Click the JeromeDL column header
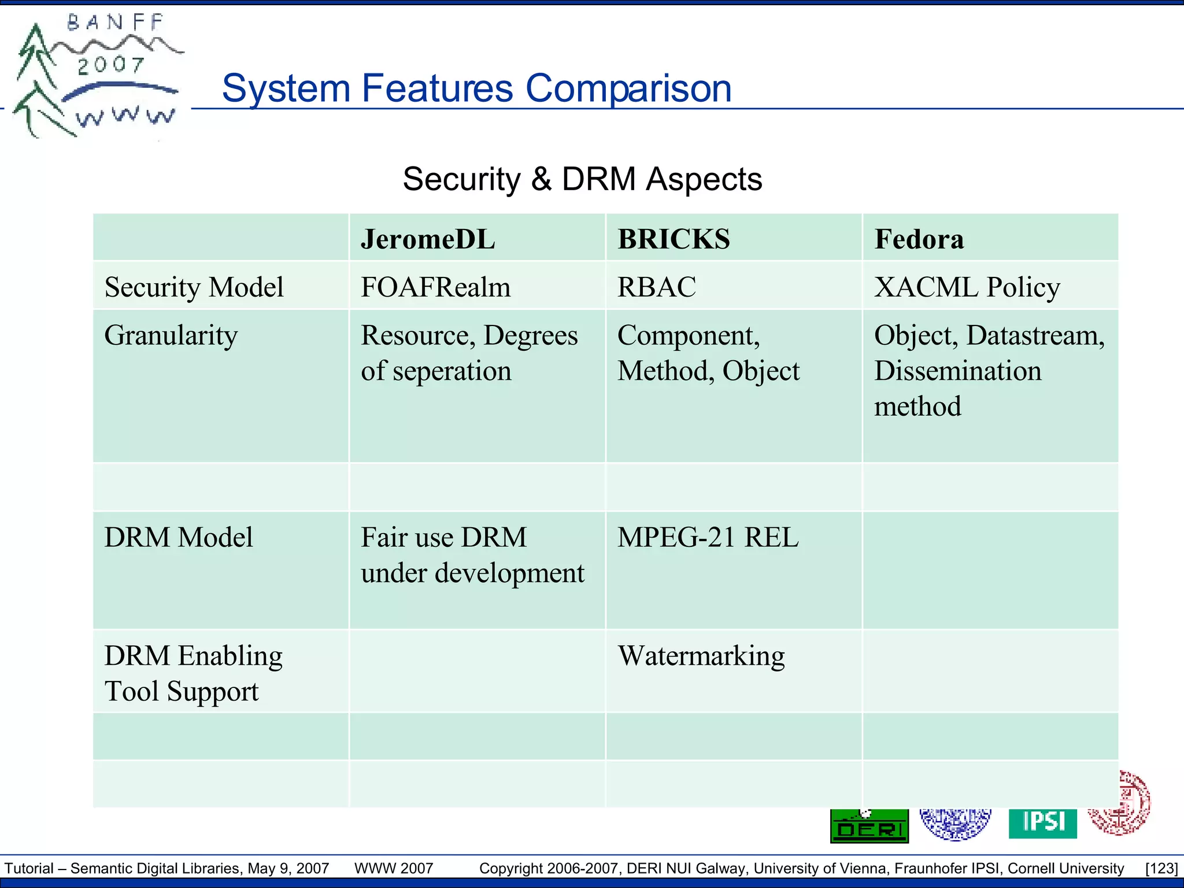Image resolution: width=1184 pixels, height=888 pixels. coord(428,239)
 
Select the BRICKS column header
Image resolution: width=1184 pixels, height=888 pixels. coord(674,239)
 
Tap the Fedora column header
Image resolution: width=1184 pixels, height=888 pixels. coord(919,239)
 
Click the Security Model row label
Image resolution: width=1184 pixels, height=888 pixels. coord(194,287)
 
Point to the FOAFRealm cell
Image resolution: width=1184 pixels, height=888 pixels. coord(435,287)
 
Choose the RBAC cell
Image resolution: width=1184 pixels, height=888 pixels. coord(656,287)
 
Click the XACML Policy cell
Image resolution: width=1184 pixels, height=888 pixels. coord(967,287)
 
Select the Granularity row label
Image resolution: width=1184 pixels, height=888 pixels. coord(171,335)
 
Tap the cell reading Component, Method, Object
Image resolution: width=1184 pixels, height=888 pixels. coord(708,353)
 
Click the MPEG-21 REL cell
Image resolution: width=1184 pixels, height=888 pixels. coord(708,537)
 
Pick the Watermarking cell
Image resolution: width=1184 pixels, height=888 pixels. coord(701,656)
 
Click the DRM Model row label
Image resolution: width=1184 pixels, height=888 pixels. coord(178,537)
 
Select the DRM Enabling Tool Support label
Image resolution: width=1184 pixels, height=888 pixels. coord(193,673)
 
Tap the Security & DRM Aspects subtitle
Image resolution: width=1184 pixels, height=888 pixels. coord(582,179)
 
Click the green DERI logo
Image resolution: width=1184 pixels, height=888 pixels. coord(869,826)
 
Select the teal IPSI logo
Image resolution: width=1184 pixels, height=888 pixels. coord(1042,822)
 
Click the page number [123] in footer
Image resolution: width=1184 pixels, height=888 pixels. coord(1161,868)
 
